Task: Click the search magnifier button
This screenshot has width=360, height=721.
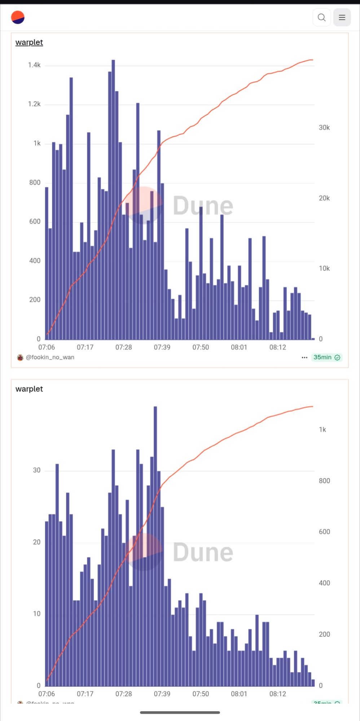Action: coord(321,17)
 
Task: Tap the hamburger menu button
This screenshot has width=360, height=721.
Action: coord(342,17)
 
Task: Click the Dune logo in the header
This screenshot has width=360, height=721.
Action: coord(18,17)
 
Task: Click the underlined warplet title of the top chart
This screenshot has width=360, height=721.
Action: coord(29,42)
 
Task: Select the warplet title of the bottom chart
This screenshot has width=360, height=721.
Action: coord(29,389)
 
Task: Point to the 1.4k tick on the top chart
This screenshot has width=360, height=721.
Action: coord(34,65)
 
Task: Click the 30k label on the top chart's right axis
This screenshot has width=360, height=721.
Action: coord(324,128)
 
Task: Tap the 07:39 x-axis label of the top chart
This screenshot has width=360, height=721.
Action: coord(162,347)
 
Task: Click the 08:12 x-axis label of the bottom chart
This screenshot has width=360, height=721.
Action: coord(277,694)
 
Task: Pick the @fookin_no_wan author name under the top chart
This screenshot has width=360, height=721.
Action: coord(50,357)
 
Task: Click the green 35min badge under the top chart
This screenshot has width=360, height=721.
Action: coord(326,357)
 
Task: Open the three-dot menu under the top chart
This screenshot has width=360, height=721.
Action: coord(304,358)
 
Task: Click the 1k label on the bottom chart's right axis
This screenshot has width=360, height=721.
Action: coord(322,429)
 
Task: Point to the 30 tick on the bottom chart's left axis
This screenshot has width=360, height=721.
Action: coord(37,470)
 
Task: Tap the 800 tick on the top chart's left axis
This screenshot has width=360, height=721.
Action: coord(35,182)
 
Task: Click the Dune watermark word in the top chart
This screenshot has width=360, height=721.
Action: coord(203,206)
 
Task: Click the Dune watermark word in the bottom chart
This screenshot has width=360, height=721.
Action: coord(203,552)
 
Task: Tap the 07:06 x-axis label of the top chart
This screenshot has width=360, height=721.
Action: coord(47,347)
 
